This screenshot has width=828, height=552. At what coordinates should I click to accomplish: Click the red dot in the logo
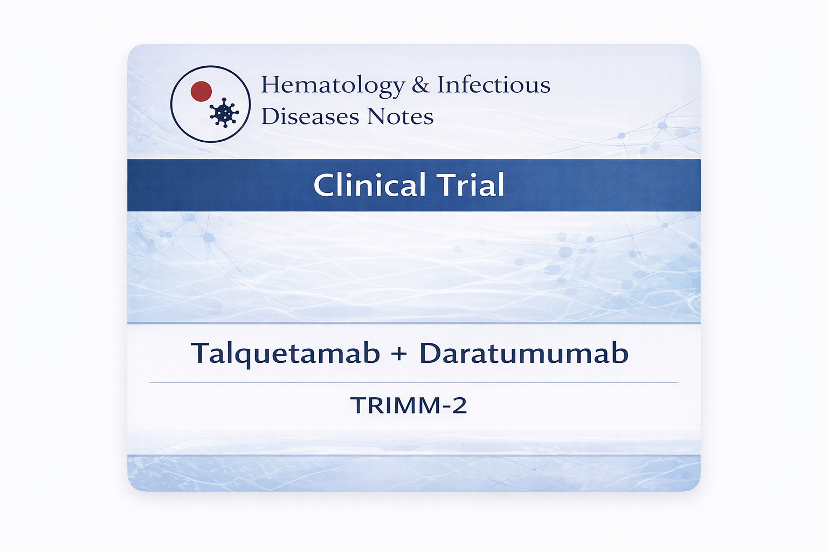pos(201,91)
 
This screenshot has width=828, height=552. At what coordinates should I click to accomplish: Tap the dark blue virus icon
pos(224,113)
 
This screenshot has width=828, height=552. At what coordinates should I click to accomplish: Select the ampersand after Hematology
pos(420,85)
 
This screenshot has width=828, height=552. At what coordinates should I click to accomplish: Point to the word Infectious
pos(494,84)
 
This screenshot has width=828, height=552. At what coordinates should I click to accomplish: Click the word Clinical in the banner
pos(369,184)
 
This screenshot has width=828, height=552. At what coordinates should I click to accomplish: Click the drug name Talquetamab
pos(285,354)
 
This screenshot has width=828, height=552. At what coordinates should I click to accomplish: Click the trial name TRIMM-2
pos(409,405)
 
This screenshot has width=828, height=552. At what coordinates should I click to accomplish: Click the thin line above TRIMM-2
pos(413,382)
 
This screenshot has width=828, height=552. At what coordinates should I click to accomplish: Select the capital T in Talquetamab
pos(200,353)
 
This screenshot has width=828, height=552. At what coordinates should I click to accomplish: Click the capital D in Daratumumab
pos(430,353)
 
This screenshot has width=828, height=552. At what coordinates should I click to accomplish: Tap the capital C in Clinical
pos(324,184)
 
